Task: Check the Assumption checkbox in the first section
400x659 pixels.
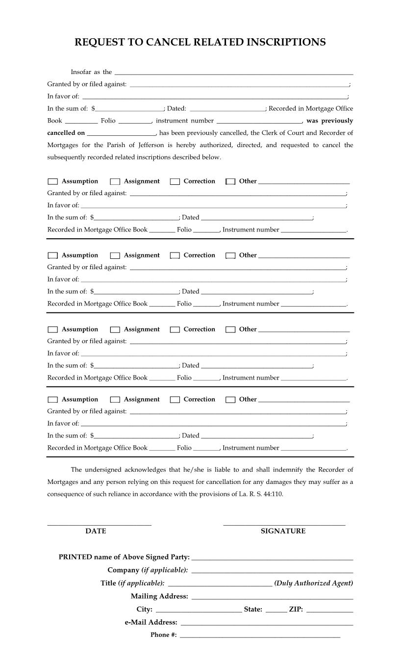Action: [x=53, y=182]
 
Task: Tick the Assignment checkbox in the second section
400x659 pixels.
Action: [x=115, y=255]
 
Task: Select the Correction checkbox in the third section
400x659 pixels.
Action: [x=175, y=329]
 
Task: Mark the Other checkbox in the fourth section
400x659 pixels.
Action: [x=230, y=400]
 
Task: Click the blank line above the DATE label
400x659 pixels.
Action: [x=99, y=524]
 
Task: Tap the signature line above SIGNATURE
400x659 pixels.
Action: [x=284, y=524]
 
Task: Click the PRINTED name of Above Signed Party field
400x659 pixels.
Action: [x=272, y=558]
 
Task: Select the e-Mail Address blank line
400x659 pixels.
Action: [x=267, y=623]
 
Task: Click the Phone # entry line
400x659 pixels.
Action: [x=260, y=635]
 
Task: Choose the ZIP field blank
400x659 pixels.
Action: [x=329, y=610]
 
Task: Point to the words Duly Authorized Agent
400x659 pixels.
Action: [x=314, y=583]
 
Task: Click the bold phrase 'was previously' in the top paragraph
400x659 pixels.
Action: [x=329, y=121]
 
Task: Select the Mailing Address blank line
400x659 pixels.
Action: [x=272, y=597]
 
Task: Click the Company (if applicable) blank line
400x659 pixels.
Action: [x=272, y=570]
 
